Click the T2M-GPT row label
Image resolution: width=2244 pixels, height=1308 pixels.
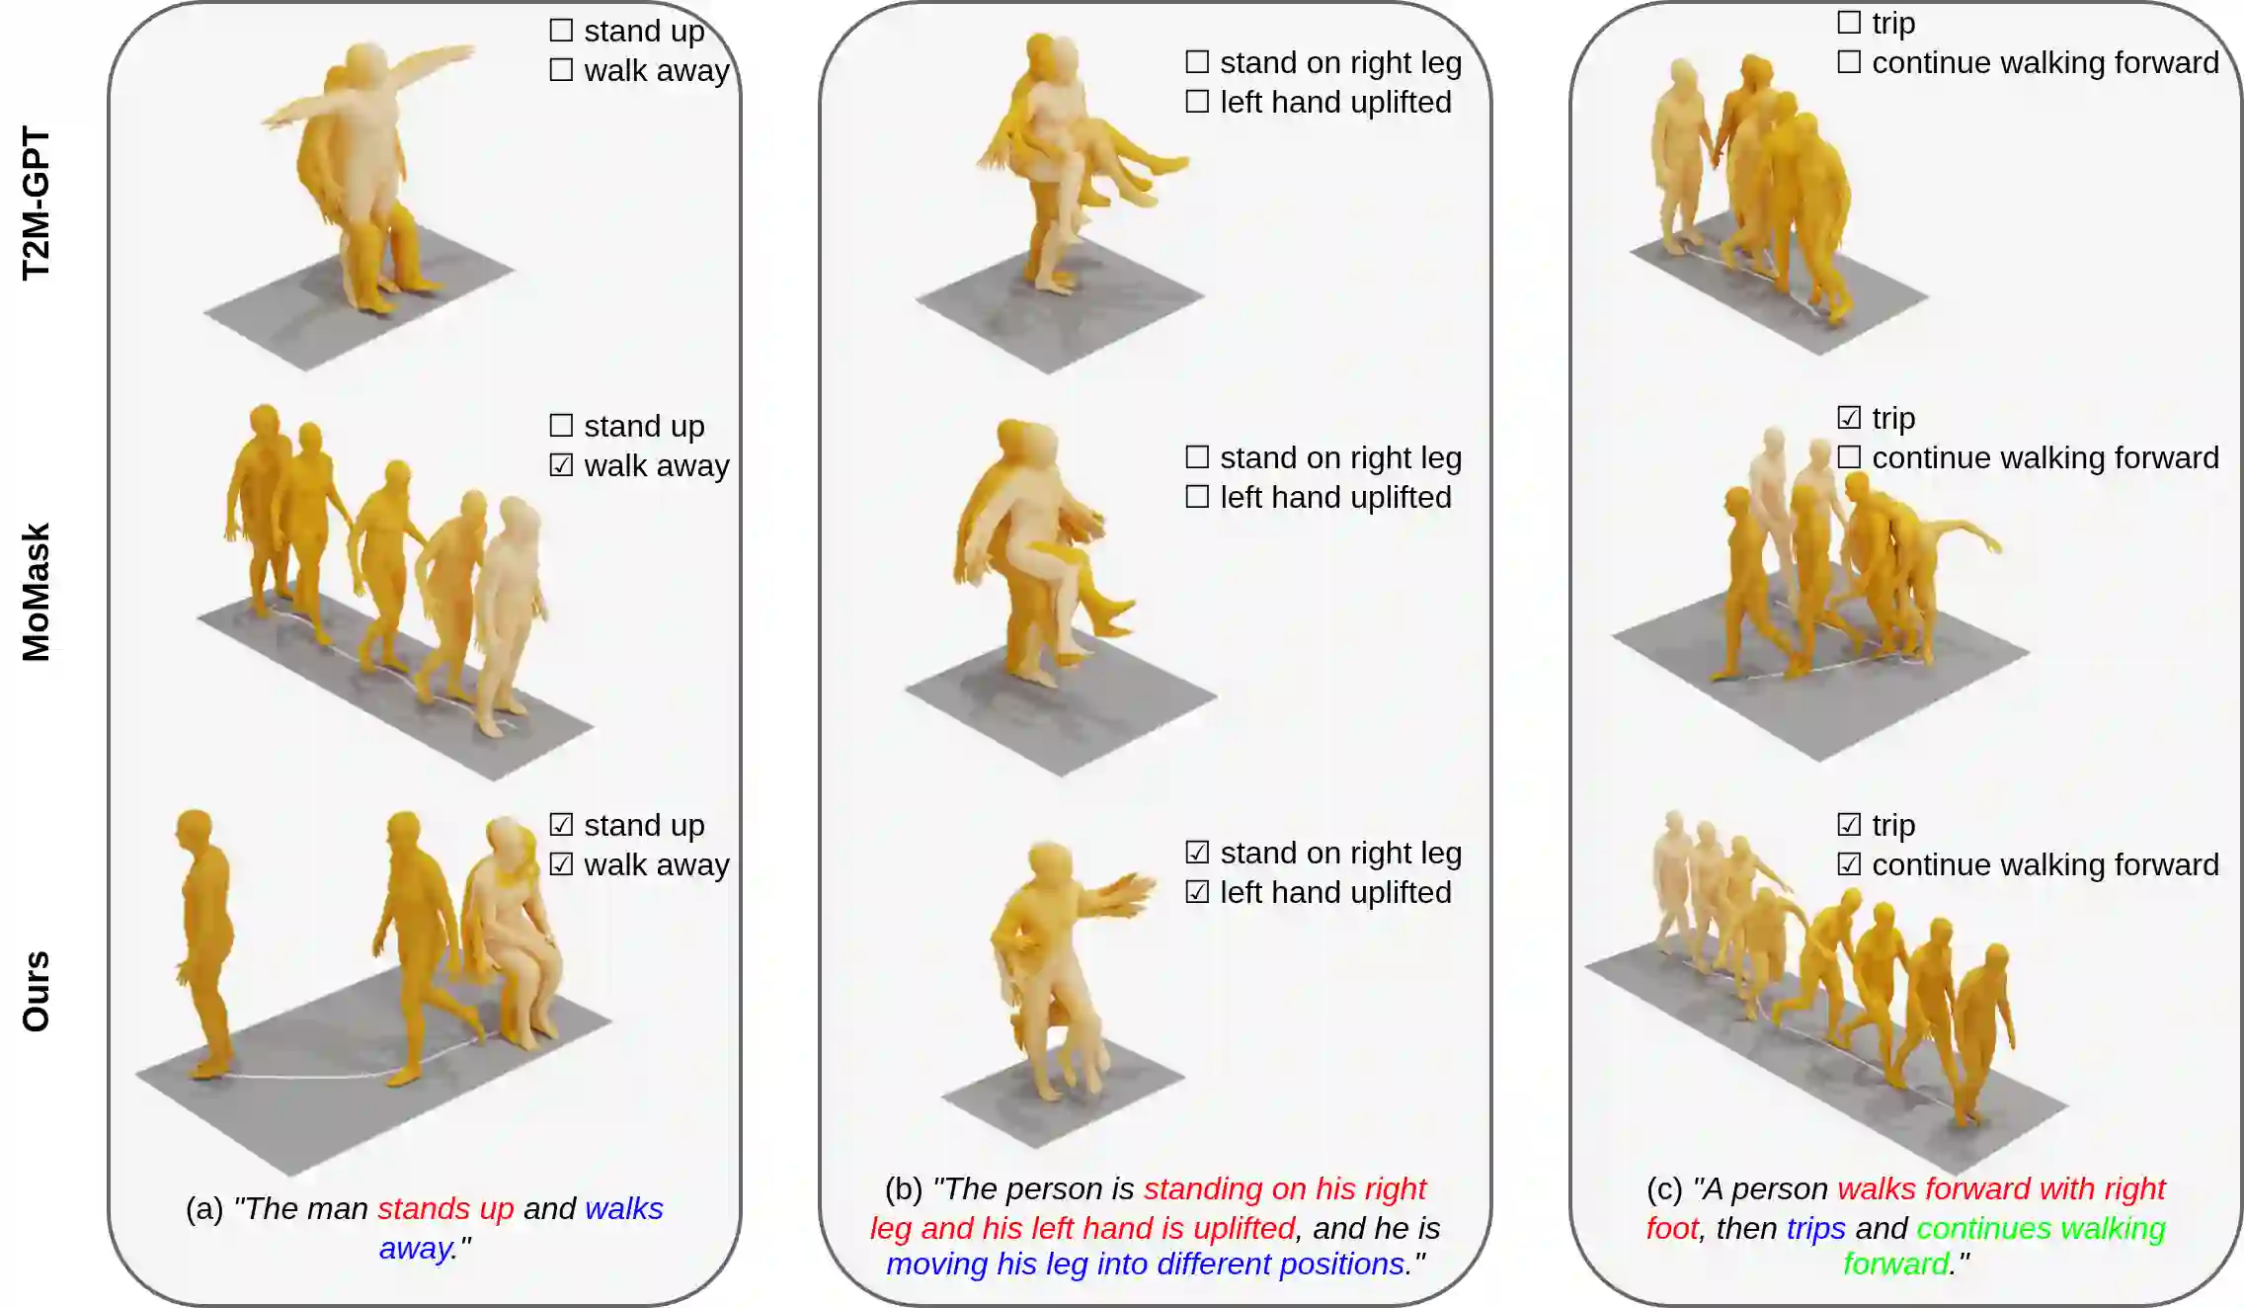pos(36,204)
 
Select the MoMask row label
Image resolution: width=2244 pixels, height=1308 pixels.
pos(36,592)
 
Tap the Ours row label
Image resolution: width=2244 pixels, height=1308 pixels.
pos(36,992)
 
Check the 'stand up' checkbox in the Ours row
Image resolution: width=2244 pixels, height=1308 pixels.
pos(561,824)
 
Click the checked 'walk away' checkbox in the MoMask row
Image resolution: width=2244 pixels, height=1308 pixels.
pos(561,464)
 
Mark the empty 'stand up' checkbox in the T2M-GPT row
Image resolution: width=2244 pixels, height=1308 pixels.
pos(561,30)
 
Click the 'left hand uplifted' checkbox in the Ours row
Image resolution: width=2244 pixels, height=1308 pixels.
pos(1197,891)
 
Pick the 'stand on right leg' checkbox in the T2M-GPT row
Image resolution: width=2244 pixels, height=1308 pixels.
pos(1197,61)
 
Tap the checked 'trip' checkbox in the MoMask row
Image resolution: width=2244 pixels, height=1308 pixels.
pos(1849,417)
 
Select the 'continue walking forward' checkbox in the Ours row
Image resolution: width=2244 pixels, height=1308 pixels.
pos(1849,863)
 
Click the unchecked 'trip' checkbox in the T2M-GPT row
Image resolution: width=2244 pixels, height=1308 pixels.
pos(1849,22)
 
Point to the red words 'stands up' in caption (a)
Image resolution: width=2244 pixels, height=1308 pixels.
pos(445,1209)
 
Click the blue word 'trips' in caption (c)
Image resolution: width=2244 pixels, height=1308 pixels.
pos(1815,1228)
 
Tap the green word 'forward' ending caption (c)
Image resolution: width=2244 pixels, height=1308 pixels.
pos(1896,1264)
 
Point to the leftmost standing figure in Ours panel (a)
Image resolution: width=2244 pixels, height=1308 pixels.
pos(204,943)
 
